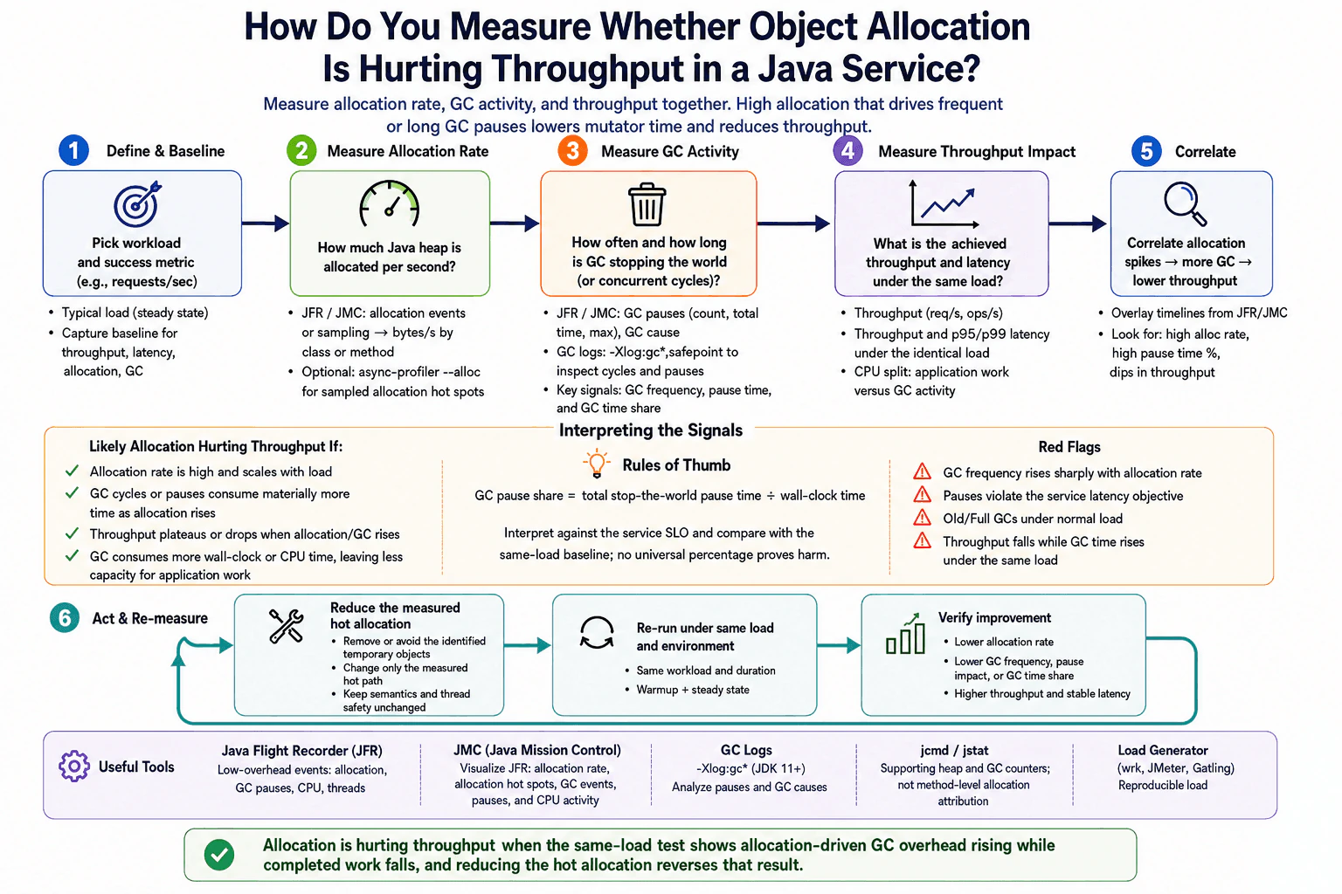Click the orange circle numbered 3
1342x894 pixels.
(x=572, y=150)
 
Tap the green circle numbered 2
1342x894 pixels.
(x=301, y=150)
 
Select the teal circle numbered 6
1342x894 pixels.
(x=65, y=617)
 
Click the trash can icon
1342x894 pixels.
(x=647, y=204)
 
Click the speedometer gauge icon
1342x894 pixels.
(x=390, y=204)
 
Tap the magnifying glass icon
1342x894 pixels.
(x=1185, y=203)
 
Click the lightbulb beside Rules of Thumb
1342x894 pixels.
(x=596, y=464)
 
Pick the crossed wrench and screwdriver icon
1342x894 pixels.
(x=287, y=626)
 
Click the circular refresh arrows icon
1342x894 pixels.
(x=597, y=633)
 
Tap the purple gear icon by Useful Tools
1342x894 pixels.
(x=74, y=766)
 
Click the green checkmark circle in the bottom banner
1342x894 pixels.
(x=219, y=855)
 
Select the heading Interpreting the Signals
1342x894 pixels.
(x=651, y=430)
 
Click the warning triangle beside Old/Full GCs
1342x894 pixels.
(x=922, y=518)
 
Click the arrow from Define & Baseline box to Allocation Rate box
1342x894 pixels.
(x=266, y=223)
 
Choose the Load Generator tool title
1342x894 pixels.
(x=1163, y=750)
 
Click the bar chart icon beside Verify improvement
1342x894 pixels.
(x=905, y=634)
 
